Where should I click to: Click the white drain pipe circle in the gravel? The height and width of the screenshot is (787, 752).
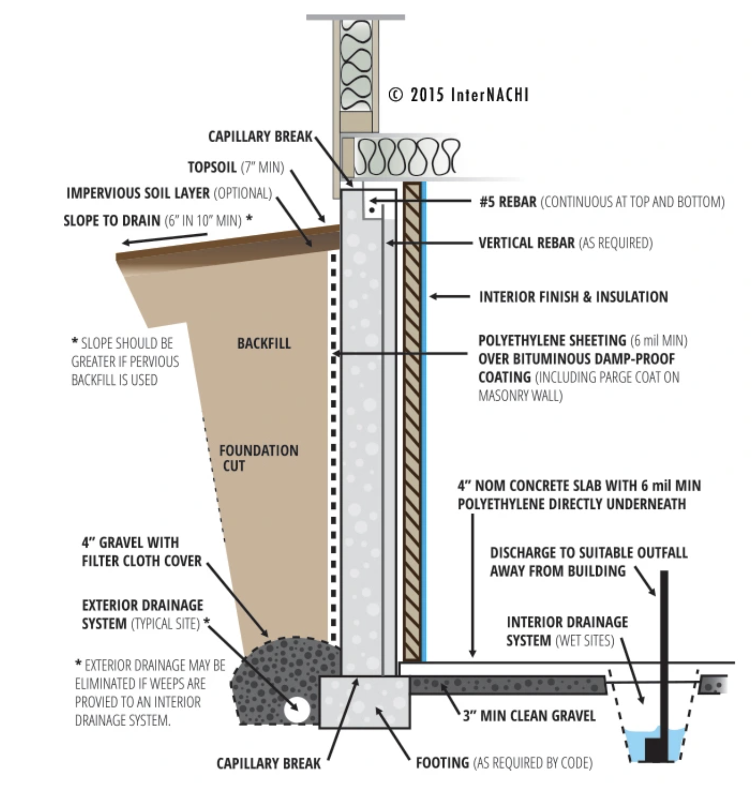(297, 709)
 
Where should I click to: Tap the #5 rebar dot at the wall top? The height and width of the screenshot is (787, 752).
(372, 210)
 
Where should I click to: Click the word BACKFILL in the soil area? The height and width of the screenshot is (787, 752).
(263, 343)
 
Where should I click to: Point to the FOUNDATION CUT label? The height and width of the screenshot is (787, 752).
(258, 458)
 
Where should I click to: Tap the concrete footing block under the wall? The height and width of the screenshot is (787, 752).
(364, 701)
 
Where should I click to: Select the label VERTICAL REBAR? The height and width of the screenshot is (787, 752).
(526, 243)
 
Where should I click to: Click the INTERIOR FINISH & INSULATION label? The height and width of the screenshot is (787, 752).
(573, 297)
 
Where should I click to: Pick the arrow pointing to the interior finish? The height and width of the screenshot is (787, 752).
(449, 296)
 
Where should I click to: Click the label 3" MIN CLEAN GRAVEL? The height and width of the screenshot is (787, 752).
(529, 715)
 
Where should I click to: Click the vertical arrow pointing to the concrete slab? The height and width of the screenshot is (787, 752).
(472, 584)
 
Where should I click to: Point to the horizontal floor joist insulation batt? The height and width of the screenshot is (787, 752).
(407, 157)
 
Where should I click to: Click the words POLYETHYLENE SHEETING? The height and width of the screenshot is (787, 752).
(552, 340)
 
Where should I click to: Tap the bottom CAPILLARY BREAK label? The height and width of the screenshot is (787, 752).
(268, 763)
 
